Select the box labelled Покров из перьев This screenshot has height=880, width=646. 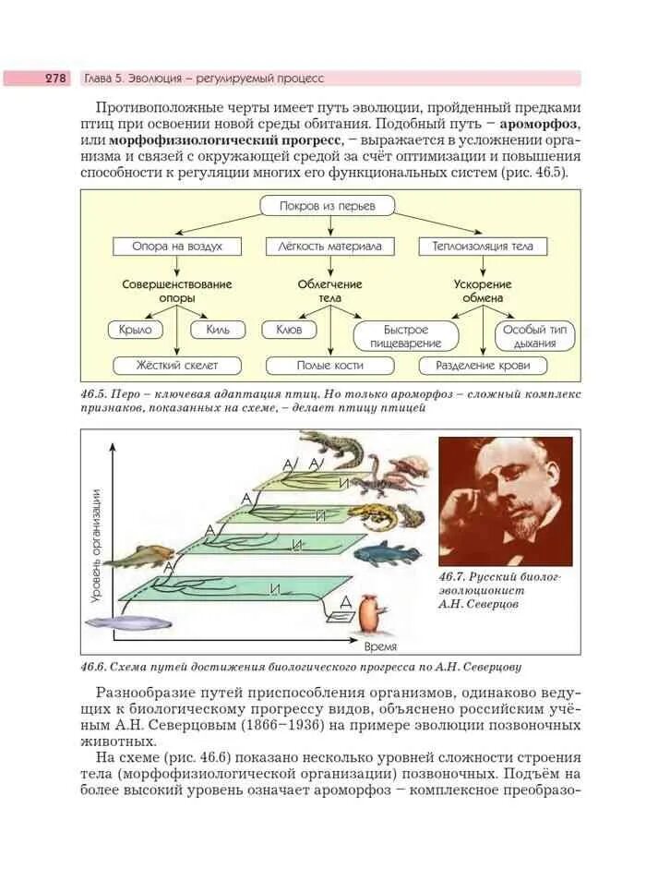328,206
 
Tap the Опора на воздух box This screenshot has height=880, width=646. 175,247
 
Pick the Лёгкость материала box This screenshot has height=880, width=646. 329,247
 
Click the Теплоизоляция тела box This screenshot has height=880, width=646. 483,247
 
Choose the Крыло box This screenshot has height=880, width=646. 135,329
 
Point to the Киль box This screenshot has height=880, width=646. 219,329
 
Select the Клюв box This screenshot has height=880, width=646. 289,329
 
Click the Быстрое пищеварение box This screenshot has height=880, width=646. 407,335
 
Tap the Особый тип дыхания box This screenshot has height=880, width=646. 536,335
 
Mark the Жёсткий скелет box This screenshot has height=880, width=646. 175,365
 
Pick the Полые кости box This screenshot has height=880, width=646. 329,365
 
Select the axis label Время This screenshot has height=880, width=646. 380,646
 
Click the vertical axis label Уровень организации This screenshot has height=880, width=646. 96,545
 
